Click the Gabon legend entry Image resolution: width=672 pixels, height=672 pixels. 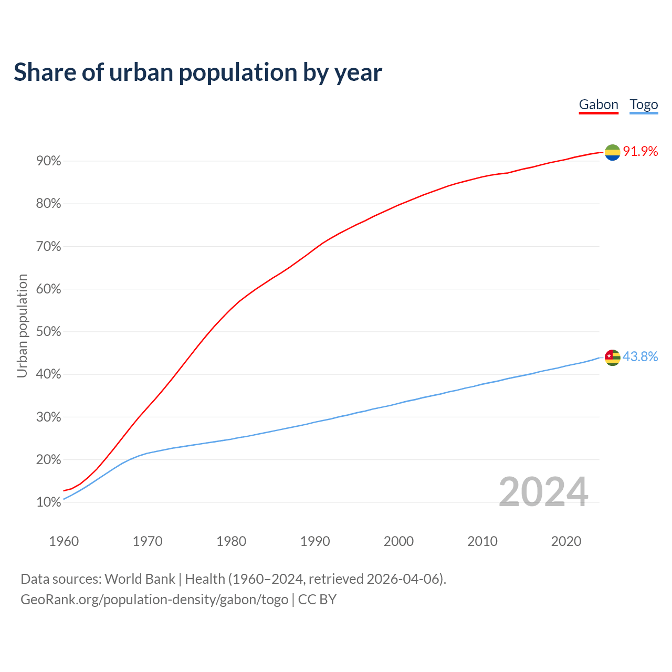(x=598, y=104)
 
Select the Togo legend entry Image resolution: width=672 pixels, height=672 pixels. (x=644, y=104)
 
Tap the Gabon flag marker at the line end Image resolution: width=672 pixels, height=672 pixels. (x=612, y=152)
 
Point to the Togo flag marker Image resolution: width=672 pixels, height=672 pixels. (x=612, y=358)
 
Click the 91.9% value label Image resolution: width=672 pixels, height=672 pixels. (x=640, y=152)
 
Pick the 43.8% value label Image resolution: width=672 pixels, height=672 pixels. (x=640, y=357)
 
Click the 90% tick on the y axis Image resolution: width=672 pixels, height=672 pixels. (x=49, y=161)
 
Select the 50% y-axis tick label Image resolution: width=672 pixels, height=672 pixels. (x=49, y=332)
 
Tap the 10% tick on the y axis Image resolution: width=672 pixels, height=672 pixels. (x=49, y=502)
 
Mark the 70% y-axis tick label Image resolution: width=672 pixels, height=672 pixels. (x=49, y=247)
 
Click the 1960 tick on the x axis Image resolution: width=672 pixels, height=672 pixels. (x=64, y=541)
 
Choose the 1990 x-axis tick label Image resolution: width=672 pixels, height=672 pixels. (x=315, y=541)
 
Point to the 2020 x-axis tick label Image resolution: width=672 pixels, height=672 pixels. (x=566, y=541)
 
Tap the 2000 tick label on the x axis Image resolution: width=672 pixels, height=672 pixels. (x=398, y=541)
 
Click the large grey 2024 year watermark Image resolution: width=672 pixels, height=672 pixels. (x=543, y=492)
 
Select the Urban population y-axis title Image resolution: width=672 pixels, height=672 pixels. (x=22, y=326)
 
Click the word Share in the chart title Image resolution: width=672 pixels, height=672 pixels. (x=44, y=72)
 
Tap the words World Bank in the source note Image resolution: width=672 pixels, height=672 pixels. (x=140, y=579)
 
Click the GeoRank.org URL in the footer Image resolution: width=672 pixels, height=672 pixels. (x=154, y=600)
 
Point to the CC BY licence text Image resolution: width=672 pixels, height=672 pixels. (x=317, y=600)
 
